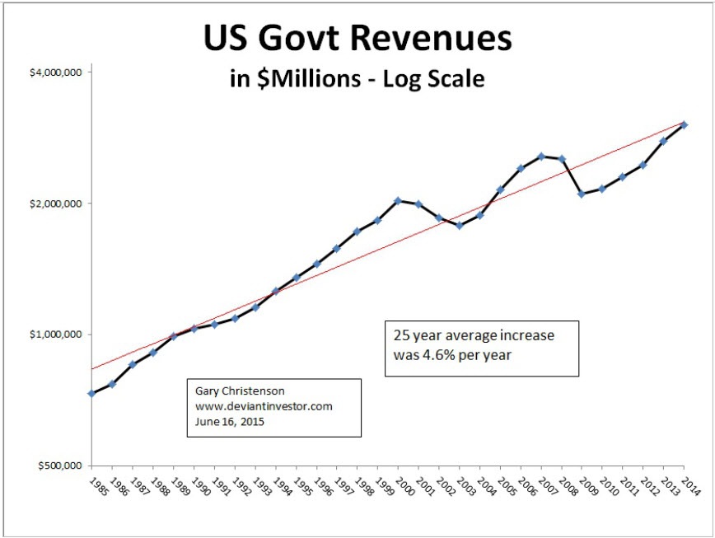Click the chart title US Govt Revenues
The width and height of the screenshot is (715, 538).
tap(357, 40)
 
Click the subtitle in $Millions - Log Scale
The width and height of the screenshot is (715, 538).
tap(357, 79)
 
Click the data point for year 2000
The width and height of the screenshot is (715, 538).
tap(398, 201)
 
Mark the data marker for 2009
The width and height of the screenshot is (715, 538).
tap(582, 194)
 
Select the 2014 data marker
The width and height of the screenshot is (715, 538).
tap(685, 125)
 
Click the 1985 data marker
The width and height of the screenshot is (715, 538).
tap(91, 394)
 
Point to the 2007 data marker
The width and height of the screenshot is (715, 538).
tap(541, 156)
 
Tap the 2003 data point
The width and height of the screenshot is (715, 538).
tap(459, 226)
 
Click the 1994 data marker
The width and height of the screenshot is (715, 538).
tap(275, 291)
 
